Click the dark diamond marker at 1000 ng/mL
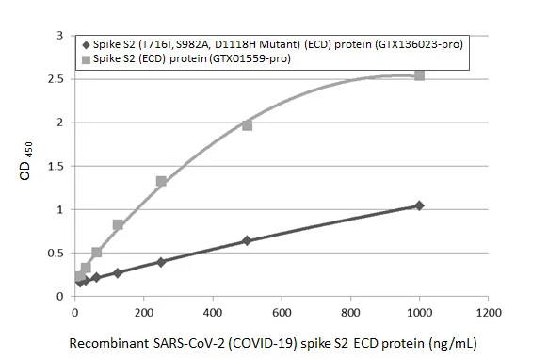coord(419,205)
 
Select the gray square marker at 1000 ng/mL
coord(419,75)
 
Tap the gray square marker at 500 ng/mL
coord(247,125)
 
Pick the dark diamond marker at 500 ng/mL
coord(247,240)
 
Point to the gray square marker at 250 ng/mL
coord(161,181)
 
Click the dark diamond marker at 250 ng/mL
coord(161,262)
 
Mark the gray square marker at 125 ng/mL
coord(118,225)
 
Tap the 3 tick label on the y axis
coord(61,36)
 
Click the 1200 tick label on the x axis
coord(488,312)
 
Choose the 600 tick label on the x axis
coord(282,312)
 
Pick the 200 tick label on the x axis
coord(143,312)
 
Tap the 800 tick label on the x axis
coord(350,312)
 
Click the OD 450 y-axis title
coord(29,165)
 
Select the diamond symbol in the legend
coord(87,44)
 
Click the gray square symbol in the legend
coord(87,58)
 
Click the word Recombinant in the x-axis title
coord(105,344)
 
